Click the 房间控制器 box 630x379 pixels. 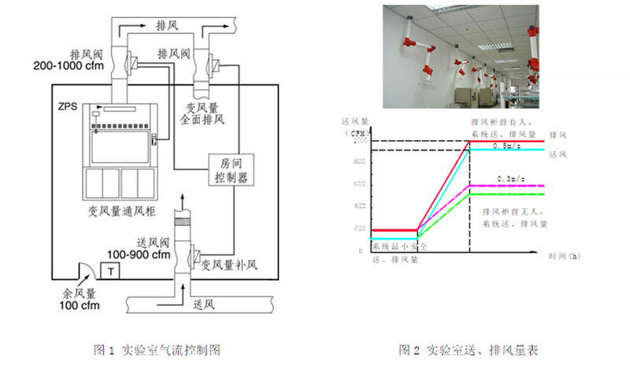pos(232,170)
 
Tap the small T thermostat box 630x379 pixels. pos(113,271)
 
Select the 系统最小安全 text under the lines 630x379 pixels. pos(399,247)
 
